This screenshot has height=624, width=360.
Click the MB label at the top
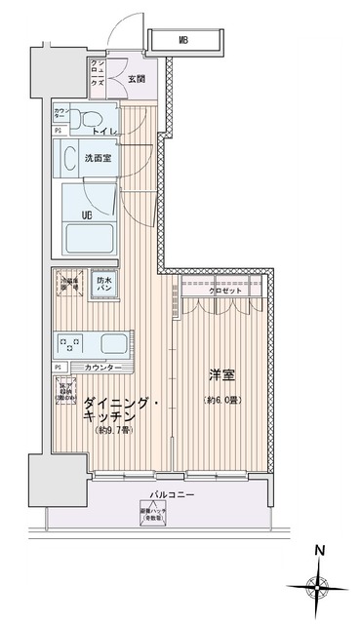click(184, 40)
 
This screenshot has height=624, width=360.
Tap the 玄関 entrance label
click(136, 79)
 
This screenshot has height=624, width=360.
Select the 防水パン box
click(104, 286)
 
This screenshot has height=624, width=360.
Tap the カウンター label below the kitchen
click(104, 368)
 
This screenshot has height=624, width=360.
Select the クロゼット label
click(223, 291)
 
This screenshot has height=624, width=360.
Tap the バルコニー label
click(177, 495)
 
